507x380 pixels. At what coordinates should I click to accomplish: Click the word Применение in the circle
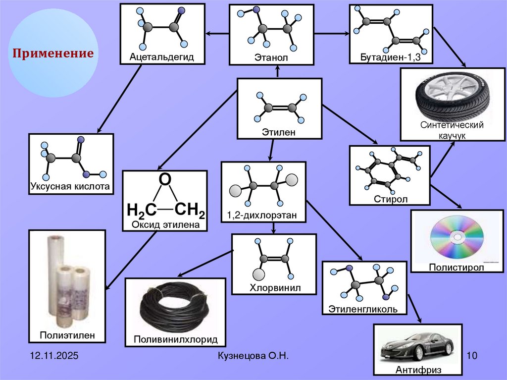pos(53,53)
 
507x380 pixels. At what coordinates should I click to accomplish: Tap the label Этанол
pos(271,58)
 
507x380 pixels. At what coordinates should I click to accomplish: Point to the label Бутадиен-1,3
pos(391,58)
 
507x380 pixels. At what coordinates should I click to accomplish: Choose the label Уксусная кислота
pos(70,187)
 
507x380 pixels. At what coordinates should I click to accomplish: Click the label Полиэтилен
pos(67,336)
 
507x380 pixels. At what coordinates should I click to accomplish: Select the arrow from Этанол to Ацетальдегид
pos(217,33)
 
